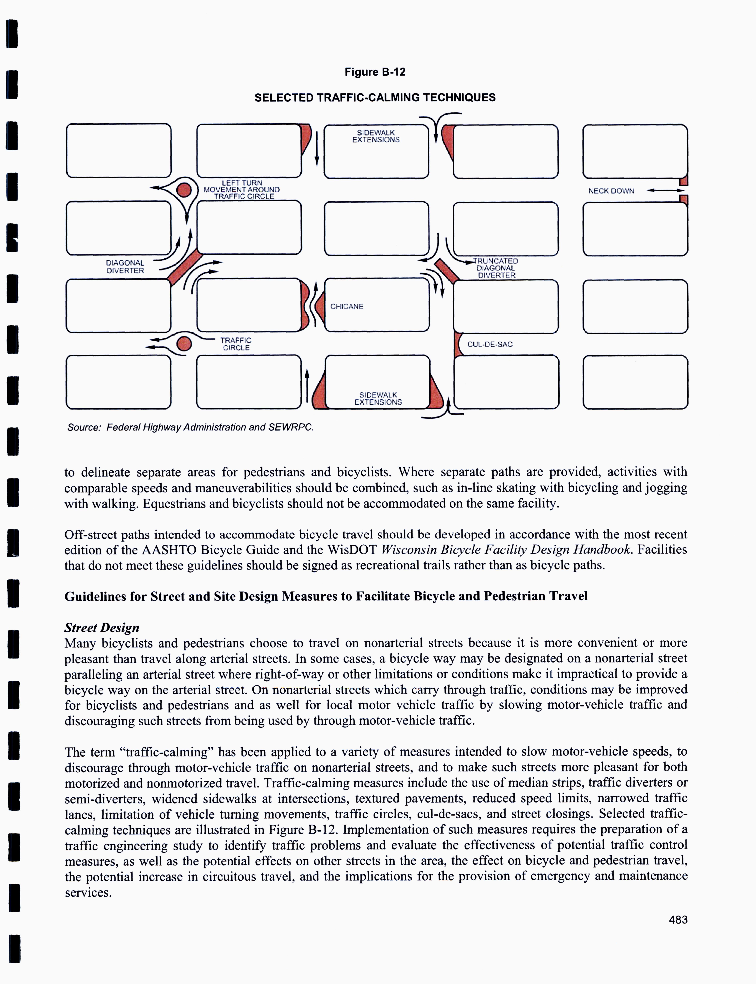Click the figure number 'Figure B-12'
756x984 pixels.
click(x=375, y=72)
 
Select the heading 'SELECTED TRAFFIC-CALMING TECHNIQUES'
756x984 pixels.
click(x=375, y=98)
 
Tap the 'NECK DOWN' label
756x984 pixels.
click(x=611, y=191)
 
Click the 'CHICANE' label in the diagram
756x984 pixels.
click(x=347, y=306)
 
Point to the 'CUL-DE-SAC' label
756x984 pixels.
click(x=490, y=344)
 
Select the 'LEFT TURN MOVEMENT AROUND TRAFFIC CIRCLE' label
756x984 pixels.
click(x=242, y=189)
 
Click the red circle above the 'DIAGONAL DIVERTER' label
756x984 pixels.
click(x=184, y=190)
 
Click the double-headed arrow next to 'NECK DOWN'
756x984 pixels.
click(x=665, y=190)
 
